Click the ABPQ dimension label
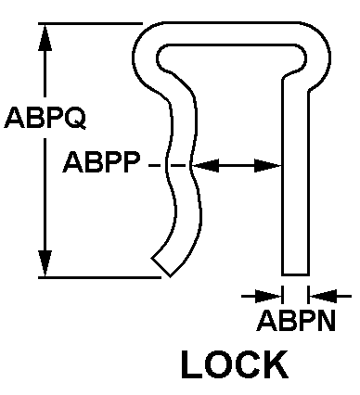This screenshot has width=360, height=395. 45,118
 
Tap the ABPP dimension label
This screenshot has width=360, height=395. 101,162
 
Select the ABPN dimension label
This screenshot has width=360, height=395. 296,321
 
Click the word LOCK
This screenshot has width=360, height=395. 235,364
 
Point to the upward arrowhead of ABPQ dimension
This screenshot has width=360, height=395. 45,37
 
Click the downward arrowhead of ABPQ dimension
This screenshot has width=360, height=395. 45,263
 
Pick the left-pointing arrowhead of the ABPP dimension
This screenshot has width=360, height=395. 205,166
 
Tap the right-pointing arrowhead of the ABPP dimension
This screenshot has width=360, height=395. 268,166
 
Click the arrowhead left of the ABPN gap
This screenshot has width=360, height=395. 268,296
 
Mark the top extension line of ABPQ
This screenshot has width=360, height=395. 90,23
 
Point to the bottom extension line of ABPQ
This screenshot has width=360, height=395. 99,277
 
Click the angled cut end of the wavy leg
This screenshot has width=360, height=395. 161,267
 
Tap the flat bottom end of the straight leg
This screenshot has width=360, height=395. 295,274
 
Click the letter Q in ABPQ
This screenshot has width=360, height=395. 76,119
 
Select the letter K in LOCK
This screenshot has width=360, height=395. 276,364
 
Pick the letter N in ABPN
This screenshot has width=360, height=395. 326,321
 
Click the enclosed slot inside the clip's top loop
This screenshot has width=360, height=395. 232,58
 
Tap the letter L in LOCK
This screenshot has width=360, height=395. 190,364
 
